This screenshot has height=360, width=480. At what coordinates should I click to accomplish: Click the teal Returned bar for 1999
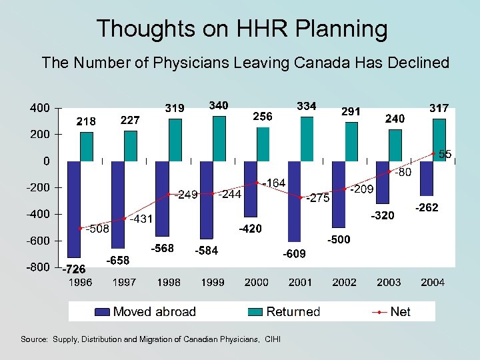coord(219,139)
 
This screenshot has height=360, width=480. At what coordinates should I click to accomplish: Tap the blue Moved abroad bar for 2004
coord(426,178)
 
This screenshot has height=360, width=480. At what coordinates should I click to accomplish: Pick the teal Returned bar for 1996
coord(87,147)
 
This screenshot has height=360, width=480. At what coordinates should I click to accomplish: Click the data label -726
coord(73,270)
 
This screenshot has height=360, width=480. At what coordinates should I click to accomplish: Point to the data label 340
coord(219,105)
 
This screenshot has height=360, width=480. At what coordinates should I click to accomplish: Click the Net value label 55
coord(445,154)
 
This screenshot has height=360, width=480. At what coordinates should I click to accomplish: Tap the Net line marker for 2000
coord(257,183)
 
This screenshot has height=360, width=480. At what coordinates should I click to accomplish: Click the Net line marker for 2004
coord(433,154)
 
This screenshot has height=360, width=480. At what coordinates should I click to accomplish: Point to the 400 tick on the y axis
coord(39,108)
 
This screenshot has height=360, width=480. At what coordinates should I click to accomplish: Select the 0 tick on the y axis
coord(45,161)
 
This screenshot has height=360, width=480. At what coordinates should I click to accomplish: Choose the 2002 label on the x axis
coord(344,283)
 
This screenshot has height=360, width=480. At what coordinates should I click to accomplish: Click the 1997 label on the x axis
coord(124,283)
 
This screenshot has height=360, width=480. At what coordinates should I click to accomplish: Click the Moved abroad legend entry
coord(145,312)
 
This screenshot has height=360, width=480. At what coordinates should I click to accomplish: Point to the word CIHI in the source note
coord(273,339)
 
